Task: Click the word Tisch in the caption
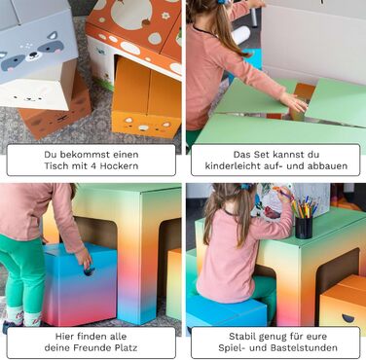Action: point(55,165)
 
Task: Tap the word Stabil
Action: point(241,336)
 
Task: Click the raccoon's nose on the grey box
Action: point(33,54)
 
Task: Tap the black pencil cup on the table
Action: point(304,228)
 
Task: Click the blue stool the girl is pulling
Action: point(80,284)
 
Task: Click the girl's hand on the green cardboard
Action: point(295,102)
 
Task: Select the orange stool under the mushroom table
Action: point(147,98)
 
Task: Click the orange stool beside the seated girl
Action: point(344,303)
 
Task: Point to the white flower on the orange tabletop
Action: point(165,16)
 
